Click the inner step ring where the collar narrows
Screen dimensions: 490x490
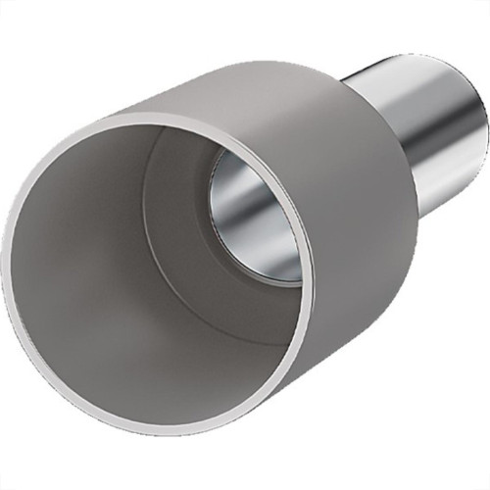(157, 196)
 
